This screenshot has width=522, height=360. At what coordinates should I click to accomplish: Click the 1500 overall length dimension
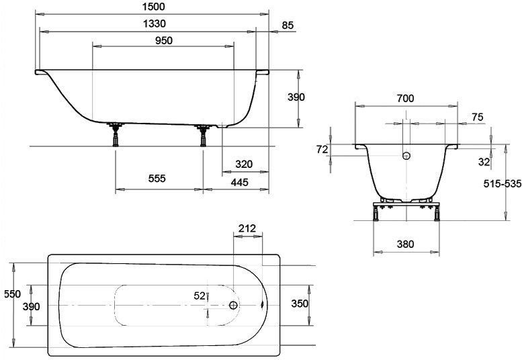154,7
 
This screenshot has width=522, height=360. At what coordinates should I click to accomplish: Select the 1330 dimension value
154,24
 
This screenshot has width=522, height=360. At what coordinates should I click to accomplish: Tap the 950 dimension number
163,40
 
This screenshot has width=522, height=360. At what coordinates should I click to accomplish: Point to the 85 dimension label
288,26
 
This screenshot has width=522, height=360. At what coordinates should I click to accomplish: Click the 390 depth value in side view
296,97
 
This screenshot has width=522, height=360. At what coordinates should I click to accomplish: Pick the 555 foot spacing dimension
156,179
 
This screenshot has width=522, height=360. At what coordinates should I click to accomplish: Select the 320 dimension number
244,165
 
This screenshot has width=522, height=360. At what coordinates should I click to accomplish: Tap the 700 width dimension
405,98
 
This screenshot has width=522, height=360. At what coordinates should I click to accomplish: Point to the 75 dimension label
478,117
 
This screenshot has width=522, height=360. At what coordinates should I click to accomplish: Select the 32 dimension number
484,161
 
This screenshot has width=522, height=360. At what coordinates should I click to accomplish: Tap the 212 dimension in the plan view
247,228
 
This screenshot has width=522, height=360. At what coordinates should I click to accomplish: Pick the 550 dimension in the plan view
12,294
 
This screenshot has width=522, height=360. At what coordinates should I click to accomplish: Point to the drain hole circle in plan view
233,305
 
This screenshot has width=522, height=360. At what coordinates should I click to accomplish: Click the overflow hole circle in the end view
405,156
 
